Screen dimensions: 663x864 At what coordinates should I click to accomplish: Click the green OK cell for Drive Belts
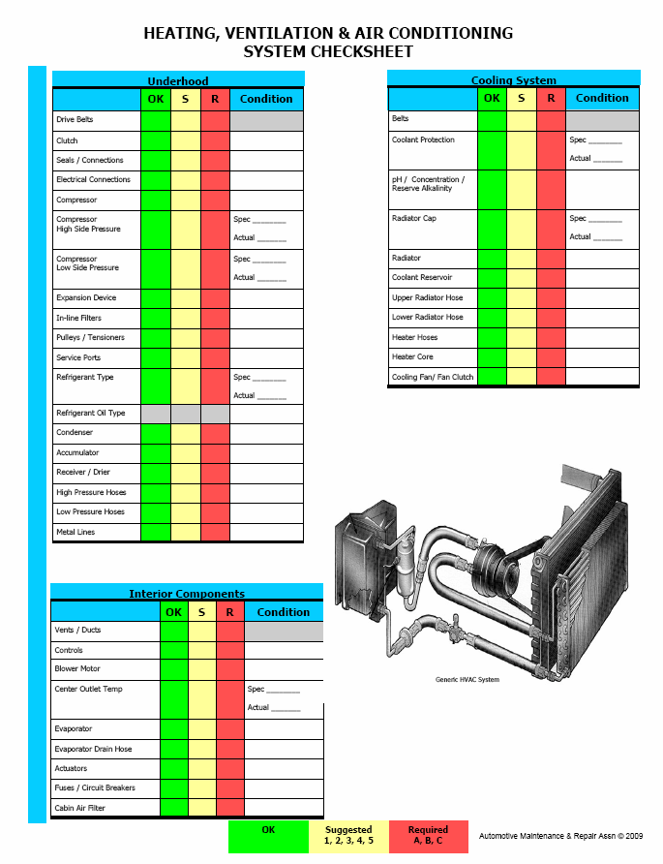(156, 121)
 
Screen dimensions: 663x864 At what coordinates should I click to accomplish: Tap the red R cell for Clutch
(215, 141)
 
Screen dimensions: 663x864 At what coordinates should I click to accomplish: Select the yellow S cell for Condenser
(186, 434)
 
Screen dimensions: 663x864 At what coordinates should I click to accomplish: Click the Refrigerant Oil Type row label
(91, 413)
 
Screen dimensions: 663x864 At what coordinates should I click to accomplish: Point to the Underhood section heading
(178, 81)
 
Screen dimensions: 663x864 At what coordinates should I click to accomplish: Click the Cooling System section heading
(514, 79)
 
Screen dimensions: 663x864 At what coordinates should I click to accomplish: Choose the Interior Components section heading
(187, 594)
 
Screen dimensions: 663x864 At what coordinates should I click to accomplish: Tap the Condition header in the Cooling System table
(602, 98)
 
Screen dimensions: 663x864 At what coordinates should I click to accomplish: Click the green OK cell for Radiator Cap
(492, 230)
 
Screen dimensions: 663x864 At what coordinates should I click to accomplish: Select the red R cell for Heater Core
(551, 357)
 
